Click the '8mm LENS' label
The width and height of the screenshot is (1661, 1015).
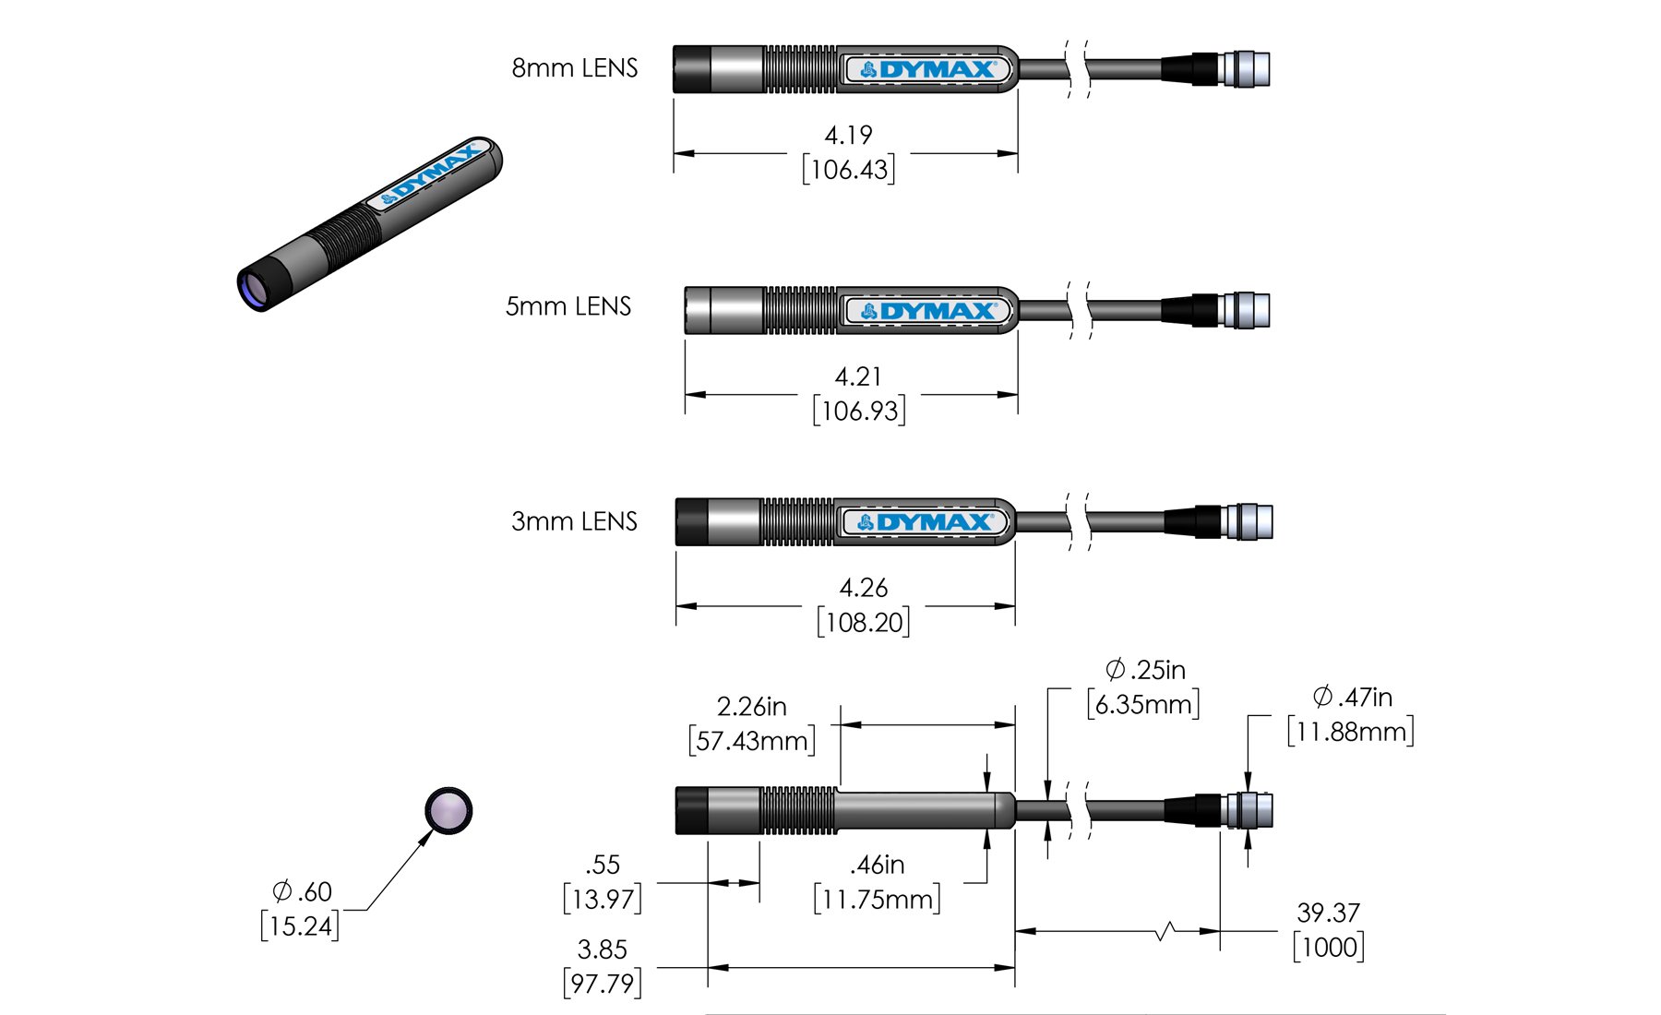click(574, 68)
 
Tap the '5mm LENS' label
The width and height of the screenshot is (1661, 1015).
click(568, 306)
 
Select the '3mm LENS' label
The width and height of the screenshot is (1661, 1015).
click(574, 521)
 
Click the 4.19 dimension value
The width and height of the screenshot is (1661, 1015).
click(848, 136)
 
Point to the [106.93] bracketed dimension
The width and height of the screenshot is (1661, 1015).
click(859, 411)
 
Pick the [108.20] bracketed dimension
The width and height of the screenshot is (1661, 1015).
click(864, 622)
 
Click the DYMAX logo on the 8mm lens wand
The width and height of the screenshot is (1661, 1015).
click(927, 69)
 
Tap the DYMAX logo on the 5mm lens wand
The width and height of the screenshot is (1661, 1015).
click(929, 311)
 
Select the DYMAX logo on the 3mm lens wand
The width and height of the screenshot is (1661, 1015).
click(926, 522)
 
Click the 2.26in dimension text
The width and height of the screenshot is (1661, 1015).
click(751, 707)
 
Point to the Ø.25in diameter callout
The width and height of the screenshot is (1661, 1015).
click(1145, 670)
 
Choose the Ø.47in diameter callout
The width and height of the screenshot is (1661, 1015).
click(1352, 698)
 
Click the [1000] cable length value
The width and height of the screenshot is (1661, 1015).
click(1329, 948)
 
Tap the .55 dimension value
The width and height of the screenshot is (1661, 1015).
click(603, 866)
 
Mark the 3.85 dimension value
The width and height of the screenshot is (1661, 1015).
click(602, 949)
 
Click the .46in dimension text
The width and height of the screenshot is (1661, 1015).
click(877, 866)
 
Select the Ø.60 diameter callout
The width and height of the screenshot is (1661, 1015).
click(302, 892)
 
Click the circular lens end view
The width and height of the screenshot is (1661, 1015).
click(448, 812)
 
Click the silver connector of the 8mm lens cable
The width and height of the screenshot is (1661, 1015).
click(1246, 69)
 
